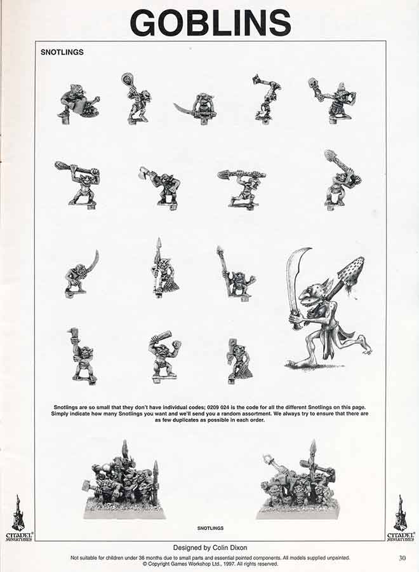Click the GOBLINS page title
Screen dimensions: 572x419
click(x=210, y=22)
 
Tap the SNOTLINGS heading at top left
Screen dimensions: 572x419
click(x=62, y=52)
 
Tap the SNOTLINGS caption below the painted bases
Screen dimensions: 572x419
click(x=210, y=528)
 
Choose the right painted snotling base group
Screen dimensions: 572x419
click(x=298, y=481)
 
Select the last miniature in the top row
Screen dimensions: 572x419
click(x=333, y=100)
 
